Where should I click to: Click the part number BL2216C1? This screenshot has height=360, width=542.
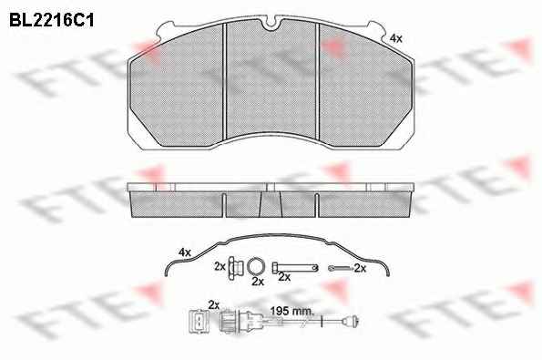(x=52, y=20)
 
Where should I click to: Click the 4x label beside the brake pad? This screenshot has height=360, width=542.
(x=395, y=38)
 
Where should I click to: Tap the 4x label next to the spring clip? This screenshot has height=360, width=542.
(x=185, y=252)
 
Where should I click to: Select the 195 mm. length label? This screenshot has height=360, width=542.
(x=292, y=311)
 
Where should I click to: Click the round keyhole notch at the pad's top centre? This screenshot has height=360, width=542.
(x=271, y=25)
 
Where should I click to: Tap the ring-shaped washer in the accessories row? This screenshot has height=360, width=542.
(x=256, y=267)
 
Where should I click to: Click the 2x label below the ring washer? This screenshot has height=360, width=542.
(x=258, y=282)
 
